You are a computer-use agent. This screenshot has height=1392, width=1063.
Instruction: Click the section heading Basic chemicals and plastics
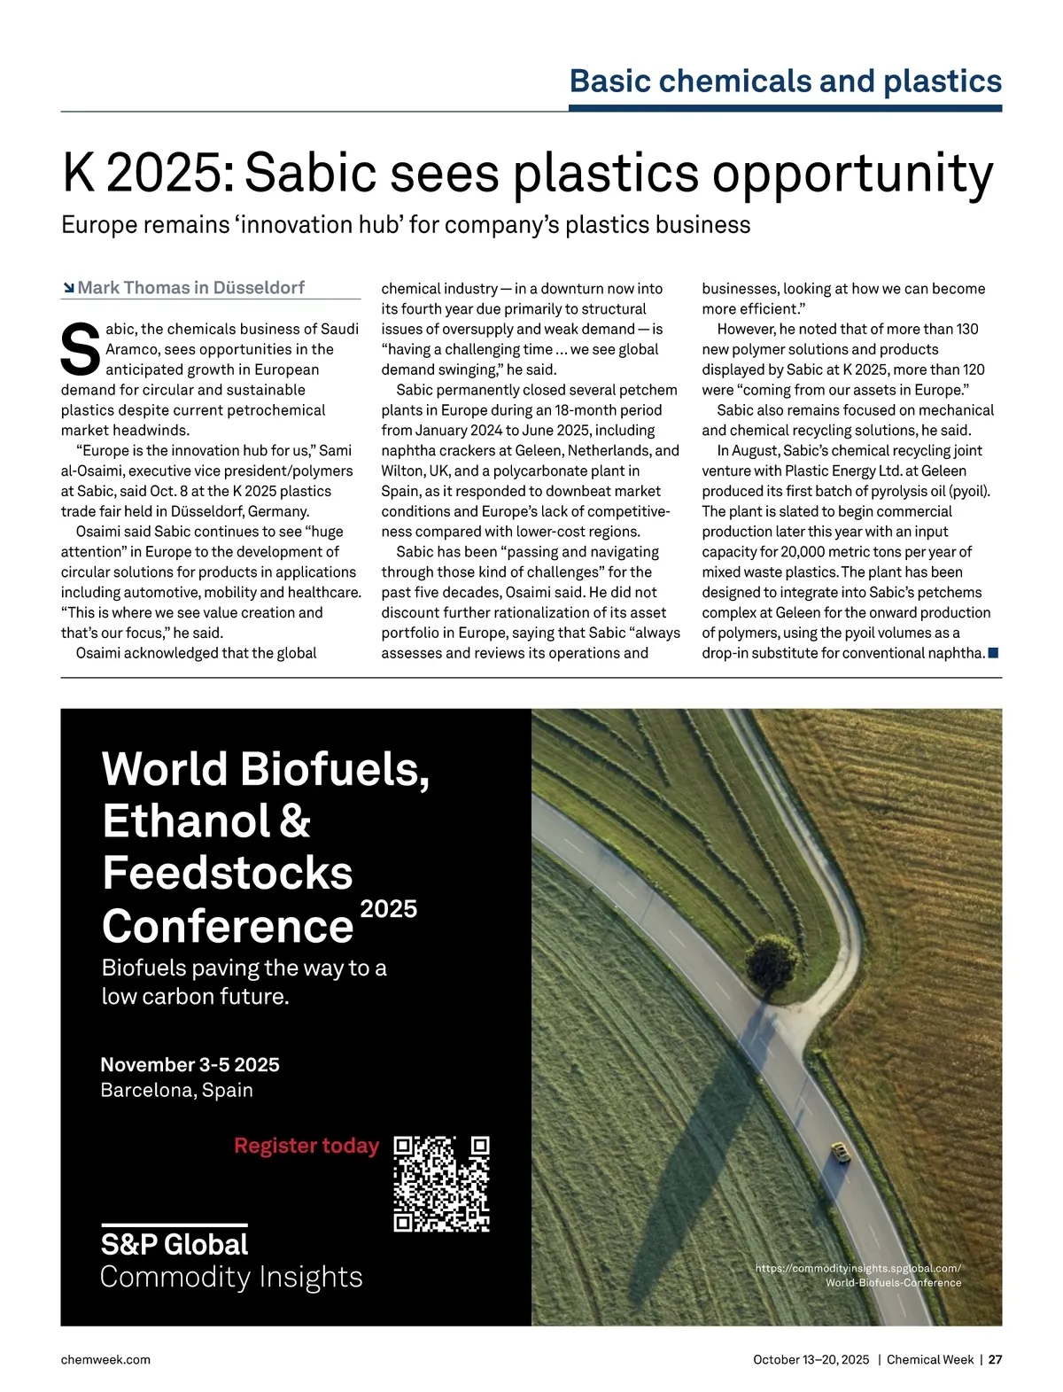click(785, 82)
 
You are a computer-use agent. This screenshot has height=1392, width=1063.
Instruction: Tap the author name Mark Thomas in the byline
click(133, 288)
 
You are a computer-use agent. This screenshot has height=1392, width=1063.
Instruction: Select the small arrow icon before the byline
click(68, 288)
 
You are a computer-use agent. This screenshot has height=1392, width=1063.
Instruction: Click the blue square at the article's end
click(993, 653)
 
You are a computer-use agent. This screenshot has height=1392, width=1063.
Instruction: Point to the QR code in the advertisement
click(441, 1183)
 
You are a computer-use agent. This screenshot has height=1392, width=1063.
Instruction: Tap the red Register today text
click(306, 1146)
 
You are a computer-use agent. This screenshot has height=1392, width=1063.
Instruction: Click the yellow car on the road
click(839, 1152)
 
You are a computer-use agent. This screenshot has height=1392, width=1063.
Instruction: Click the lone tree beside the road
click(770, 954)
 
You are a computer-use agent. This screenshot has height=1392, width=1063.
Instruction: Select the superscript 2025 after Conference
click(389, 909)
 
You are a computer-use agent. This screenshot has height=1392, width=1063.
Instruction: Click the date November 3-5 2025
click(190, 1064)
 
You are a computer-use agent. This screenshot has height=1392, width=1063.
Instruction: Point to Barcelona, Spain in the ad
click(176, 1090)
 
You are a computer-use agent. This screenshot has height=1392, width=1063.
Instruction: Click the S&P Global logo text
click(175, 1244)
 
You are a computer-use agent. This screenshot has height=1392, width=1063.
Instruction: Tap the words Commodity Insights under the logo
click(231, 1277)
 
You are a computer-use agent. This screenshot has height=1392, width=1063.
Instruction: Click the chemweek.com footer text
click(105, 1359)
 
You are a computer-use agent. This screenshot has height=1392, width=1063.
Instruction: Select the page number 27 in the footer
click(995, 1359)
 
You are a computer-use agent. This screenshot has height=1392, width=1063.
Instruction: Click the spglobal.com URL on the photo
click(857, 1269)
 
